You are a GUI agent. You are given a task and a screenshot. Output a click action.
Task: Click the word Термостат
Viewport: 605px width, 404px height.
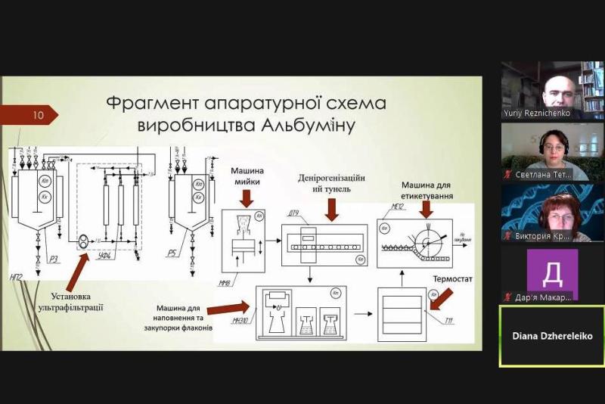click(x=452, y=278)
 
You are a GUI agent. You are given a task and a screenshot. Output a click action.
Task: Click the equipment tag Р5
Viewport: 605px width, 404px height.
click(x=203, y=236)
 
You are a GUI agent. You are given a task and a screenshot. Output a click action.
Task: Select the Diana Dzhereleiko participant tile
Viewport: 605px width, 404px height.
click(x=551, y=336)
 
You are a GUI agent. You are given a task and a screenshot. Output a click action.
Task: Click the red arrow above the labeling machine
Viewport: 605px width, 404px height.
click(x=427, y=210)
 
